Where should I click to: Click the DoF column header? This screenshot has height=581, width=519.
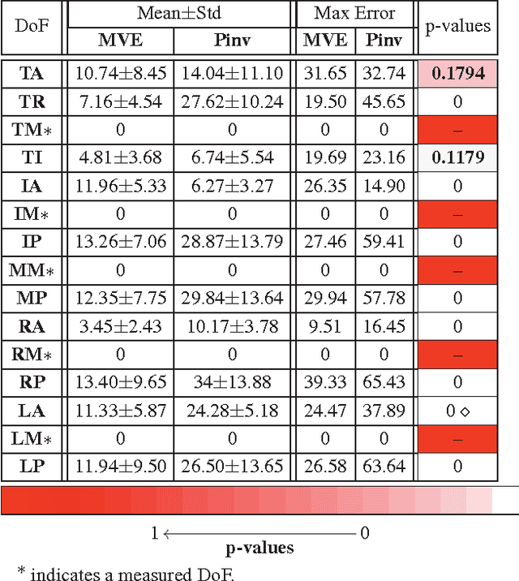click(32, 25)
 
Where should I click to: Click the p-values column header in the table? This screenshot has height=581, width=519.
click(458, 25)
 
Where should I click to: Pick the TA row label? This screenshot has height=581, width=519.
click(32, 74)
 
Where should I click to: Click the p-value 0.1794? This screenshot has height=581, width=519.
click(458, 74)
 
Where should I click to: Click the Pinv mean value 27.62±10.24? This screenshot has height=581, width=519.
click(230, 101)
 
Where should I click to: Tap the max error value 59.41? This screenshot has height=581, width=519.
click(384, 242)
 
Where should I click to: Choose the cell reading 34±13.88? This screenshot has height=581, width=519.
click(230, 382)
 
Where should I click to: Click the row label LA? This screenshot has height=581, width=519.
click(32, 410)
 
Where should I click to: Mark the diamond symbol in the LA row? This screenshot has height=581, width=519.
click(465, 411)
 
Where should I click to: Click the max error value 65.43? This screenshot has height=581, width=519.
click(384, 382)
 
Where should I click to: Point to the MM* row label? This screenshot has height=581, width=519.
click(32, 270)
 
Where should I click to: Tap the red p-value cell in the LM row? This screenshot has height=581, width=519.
click(458, 438)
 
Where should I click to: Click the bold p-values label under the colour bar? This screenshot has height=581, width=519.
click(259, 548)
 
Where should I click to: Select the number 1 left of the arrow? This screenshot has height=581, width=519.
click(154, 533)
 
